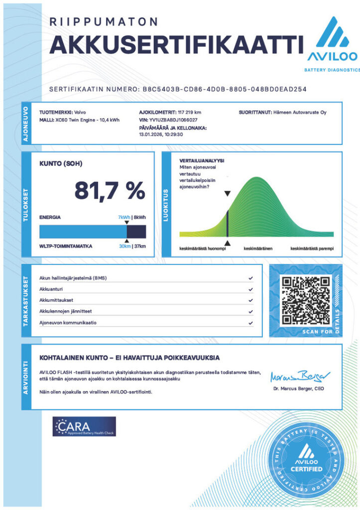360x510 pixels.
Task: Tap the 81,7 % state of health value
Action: pos(110,190)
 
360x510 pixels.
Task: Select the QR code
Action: pos(306,300)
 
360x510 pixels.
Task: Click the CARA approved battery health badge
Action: pos(84,427)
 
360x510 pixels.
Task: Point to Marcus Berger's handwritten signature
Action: pos(297,375)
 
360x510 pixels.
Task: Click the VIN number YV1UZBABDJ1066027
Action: pos(173,120)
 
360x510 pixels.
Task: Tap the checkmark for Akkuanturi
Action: pos(249,289)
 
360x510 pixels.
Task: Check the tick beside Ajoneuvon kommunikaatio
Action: pos(249,322)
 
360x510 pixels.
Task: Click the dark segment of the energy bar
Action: pos(136,232)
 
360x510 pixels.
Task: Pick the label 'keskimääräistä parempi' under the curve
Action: pos(312,248)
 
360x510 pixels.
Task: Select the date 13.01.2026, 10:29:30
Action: pos(161,134)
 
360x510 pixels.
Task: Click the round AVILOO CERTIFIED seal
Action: pos(306,460)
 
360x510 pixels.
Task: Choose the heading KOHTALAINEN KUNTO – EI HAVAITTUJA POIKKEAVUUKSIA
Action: pos(129,358)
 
